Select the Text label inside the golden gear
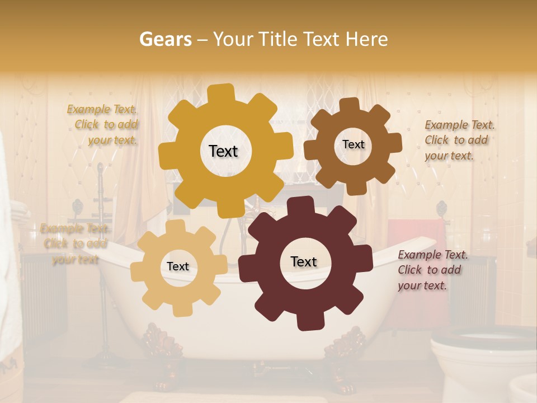pos(223,151)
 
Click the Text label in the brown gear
pos(353,144)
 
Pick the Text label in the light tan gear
pos(178,266)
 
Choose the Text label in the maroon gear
pos(304,261)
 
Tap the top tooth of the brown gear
pos(349,105)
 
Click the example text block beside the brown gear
pos(459,140)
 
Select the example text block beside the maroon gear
pos(432,270)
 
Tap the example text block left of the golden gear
pos(103,125)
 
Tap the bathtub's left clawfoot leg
pos(162,353)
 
